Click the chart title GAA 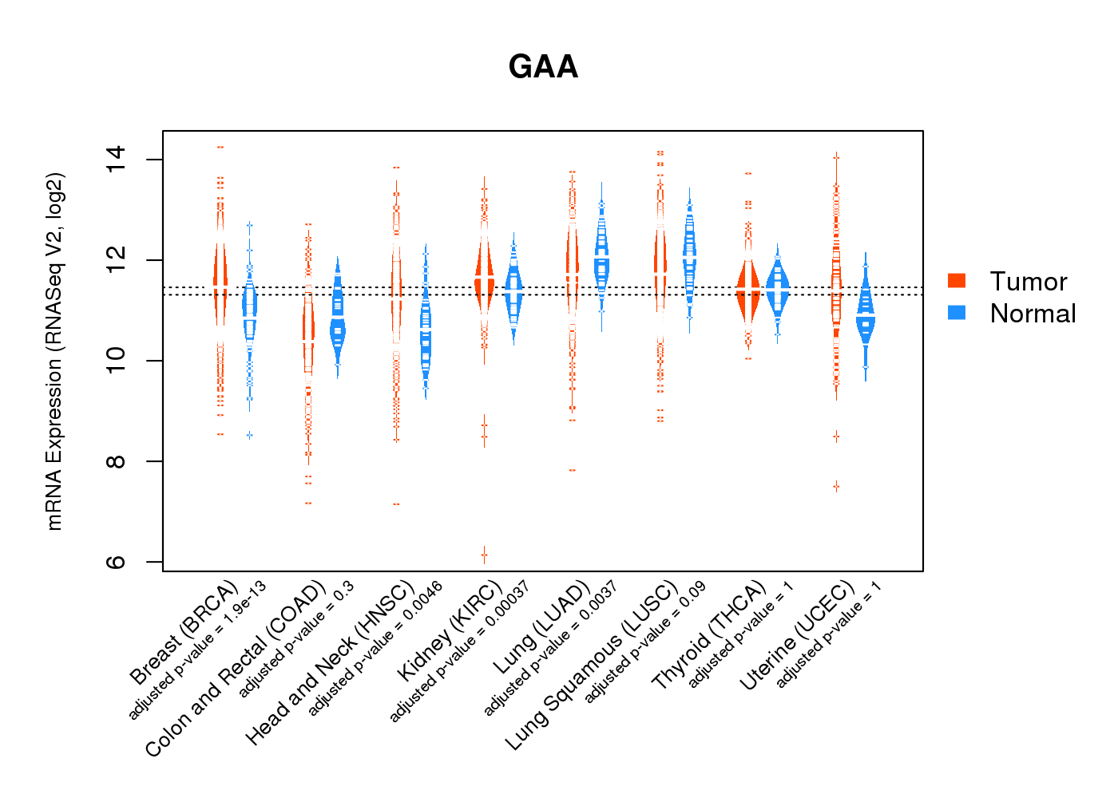(x=543, y=66)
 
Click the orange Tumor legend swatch (x=956, y=280)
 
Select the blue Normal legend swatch (x=956, y=312)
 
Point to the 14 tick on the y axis (x=116, y=159)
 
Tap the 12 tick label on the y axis (x=116, y=259)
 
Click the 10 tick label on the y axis (x=116, y=361)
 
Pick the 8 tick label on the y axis (x=116, y=461)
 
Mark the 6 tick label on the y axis (x=116, y=562)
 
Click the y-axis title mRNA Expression (x=54, y=351)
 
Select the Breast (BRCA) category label (x=184, y=634)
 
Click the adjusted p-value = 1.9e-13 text (x=198, y=651)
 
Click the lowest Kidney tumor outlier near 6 (x=484, y=555)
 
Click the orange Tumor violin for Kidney (x=484, y=275)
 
